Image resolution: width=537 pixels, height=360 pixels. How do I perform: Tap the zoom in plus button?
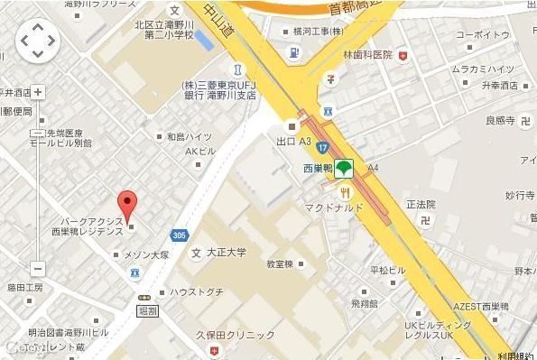(37, 91)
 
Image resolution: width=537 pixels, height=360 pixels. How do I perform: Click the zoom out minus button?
(37, 268)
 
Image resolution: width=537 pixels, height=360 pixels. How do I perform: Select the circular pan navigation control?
(37, 40)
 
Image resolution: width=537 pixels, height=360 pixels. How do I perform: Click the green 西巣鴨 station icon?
(343, 168)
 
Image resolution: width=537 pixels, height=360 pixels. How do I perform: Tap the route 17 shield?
(321, 147)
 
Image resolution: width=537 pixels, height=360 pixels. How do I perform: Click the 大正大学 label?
(226, 251)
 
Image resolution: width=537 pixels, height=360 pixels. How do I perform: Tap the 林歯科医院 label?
(367, 55)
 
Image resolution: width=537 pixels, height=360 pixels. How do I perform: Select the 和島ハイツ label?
(189, 138)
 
